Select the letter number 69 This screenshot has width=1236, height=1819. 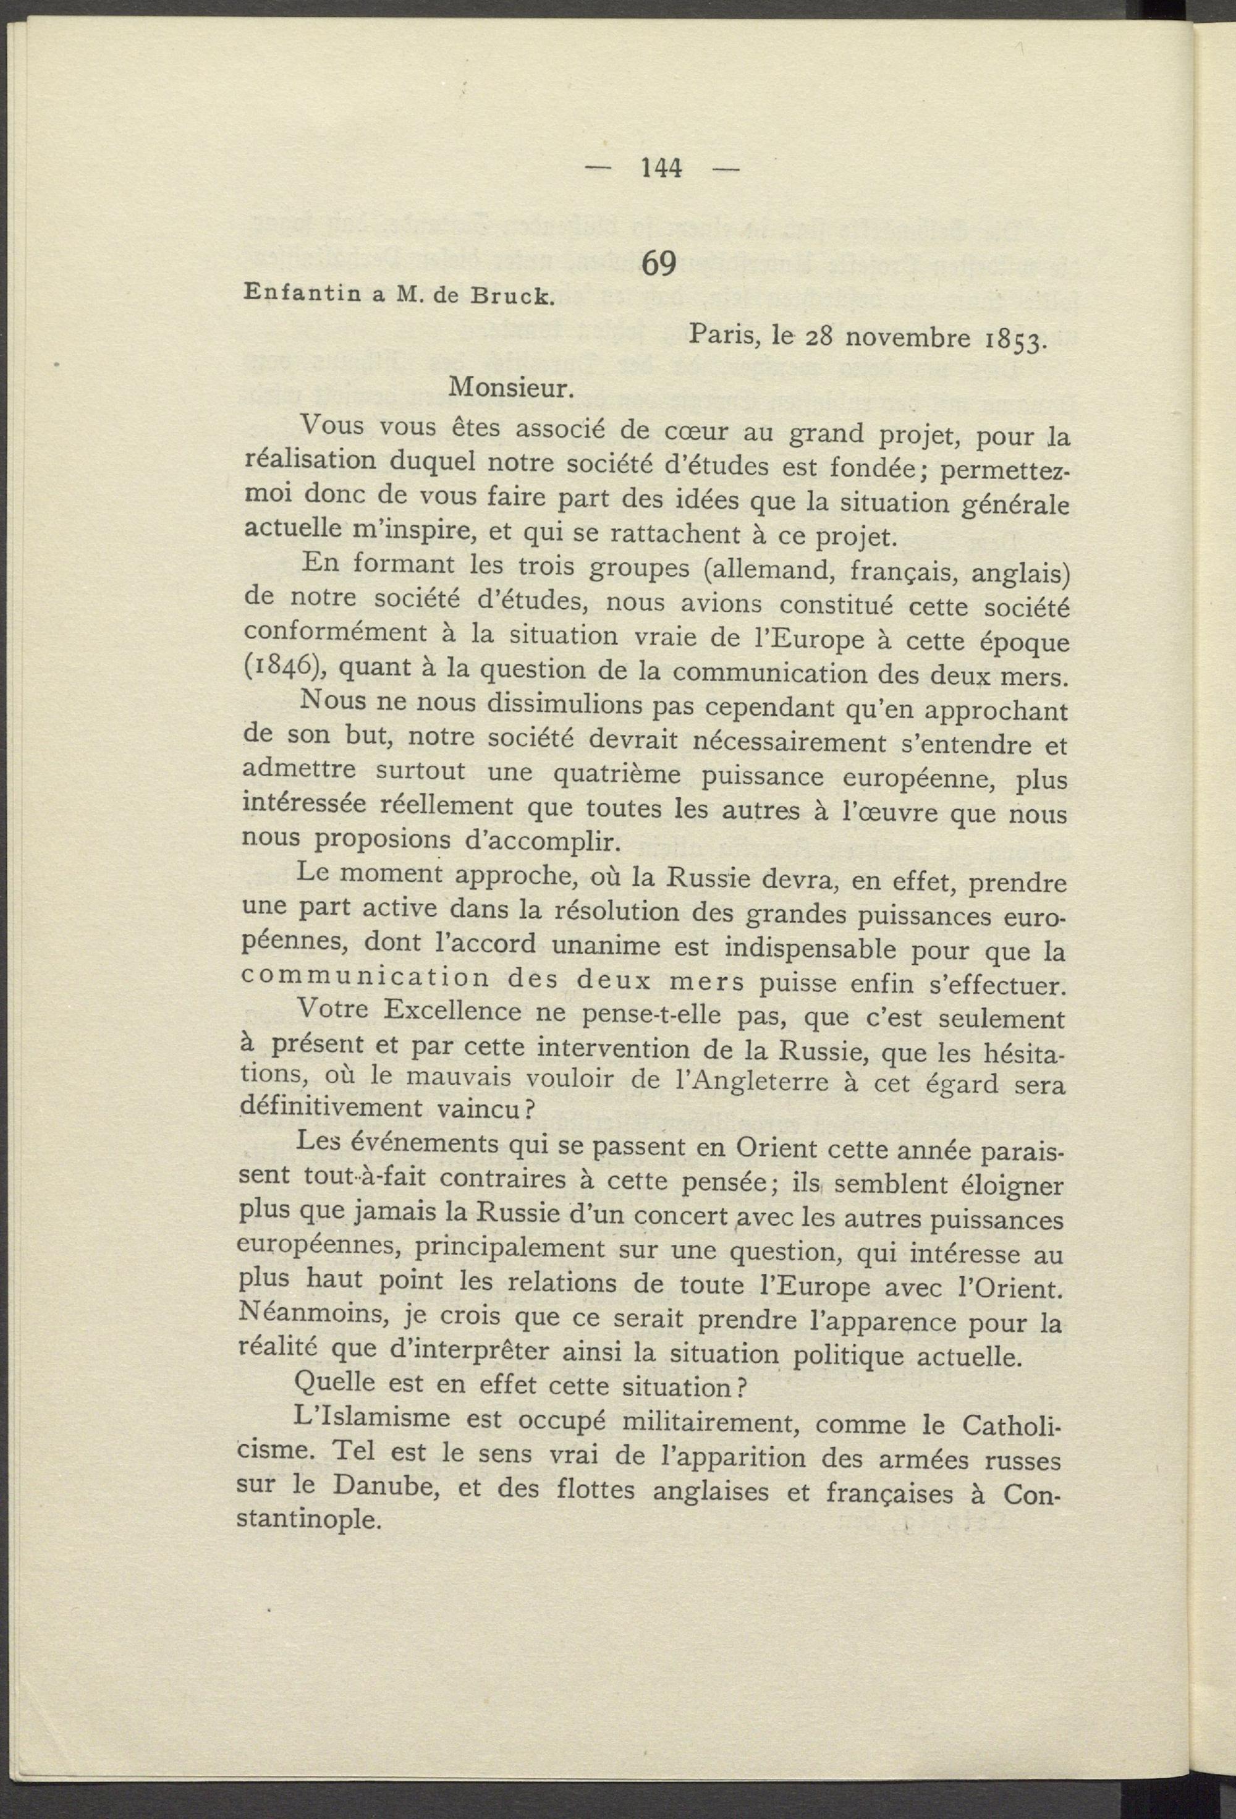point(658,265)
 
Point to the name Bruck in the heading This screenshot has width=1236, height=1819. point(508,298)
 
